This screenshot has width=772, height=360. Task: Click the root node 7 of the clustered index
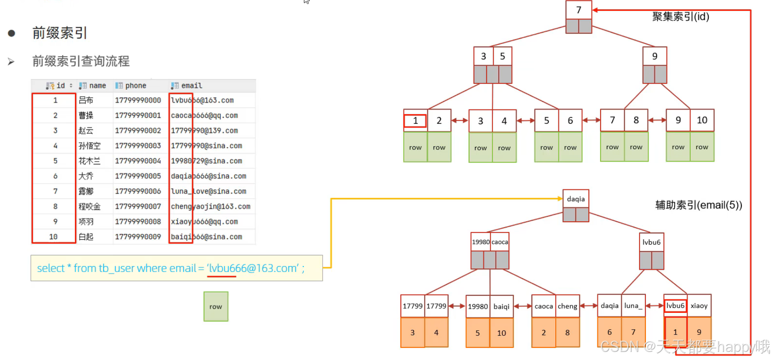[x=579, y=10]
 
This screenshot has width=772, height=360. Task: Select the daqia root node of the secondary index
[x=576, y=199]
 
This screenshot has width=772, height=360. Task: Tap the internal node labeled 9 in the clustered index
[x=654, y=57]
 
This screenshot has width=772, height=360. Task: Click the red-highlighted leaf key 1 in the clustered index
[x=415, y=121]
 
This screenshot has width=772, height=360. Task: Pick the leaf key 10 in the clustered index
[x=702, y=120]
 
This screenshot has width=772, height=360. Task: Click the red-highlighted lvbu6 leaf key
[x=675, y=306]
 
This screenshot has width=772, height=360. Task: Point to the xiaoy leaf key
[x=699, y=306]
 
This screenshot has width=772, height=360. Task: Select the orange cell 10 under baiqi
[x=501, y=333]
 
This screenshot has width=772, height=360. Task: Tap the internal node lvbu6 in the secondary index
[x=651, y=242]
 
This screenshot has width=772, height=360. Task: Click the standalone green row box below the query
[x=215, y=307]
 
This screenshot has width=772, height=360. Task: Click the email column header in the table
[x=192, y=86]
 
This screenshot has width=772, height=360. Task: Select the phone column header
[x=136, y=86]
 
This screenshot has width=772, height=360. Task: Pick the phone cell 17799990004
[x=138, y=161]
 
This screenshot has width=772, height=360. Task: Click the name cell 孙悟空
[x=90, y=146]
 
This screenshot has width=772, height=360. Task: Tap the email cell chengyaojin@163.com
[x=211, y=206]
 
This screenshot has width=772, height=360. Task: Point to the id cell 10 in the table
[x=53, y=237]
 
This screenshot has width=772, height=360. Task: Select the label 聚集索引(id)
[x=680, y=17]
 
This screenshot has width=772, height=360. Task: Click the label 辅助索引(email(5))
[x=698, y=205]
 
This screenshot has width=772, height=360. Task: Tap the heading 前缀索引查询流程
[x=81, y=61]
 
